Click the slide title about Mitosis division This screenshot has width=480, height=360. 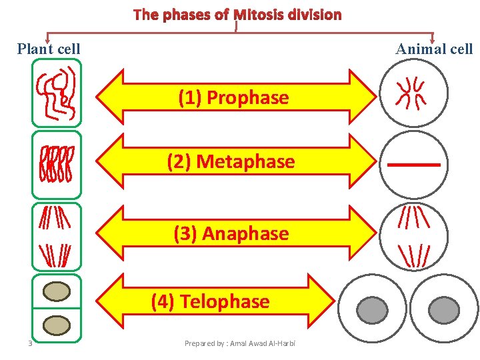point(237,15)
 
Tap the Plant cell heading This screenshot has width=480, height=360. point(49,49)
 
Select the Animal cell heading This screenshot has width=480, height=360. point(433,49)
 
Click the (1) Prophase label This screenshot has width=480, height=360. point(233,98)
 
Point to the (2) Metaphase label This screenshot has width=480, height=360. point(231,162)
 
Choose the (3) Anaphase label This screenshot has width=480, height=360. point(231,234)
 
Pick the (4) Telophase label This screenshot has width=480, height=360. point(210,302)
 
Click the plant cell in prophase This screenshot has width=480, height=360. point(57,93)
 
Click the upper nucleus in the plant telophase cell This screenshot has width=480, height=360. point(57,292)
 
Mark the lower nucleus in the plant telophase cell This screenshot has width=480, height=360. point(57,325)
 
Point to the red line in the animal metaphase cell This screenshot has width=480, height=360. point(413,164)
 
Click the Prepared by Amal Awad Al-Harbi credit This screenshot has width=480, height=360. point(239,343)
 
